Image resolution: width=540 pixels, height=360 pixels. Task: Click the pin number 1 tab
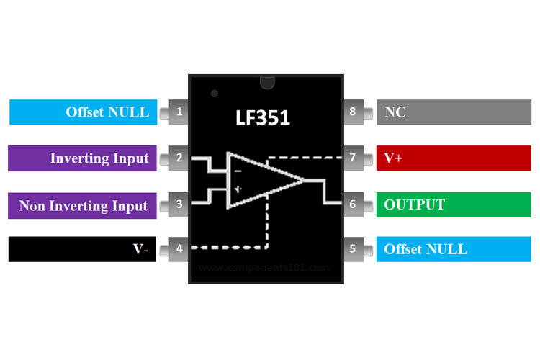[178, 112]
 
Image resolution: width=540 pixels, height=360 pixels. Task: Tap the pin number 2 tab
[178, 158]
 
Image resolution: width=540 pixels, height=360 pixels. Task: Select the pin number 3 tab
[178, 204]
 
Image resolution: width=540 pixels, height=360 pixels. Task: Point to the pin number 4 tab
[178, 249]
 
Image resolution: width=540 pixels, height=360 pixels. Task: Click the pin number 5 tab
[353, 249]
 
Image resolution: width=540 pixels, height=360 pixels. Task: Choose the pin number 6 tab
[353, 204]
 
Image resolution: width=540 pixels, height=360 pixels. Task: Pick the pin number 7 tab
[353, 158]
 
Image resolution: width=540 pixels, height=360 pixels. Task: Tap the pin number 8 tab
[353, 112]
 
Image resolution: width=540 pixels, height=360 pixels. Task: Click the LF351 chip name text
[264, 117]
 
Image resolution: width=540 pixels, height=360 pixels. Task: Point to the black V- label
[82, 249]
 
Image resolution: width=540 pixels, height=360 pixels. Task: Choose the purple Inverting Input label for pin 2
[82, 158]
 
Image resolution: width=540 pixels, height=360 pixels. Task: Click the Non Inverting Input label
[82, 205]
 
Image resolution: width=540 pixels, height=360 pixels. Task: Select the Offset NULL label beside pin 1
[84, 112]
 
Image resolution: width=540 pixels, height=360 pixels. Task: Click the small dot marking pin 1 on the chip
[214, 94]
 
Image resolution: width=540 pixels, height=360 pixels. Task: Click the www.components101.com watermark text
[264, 267]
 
